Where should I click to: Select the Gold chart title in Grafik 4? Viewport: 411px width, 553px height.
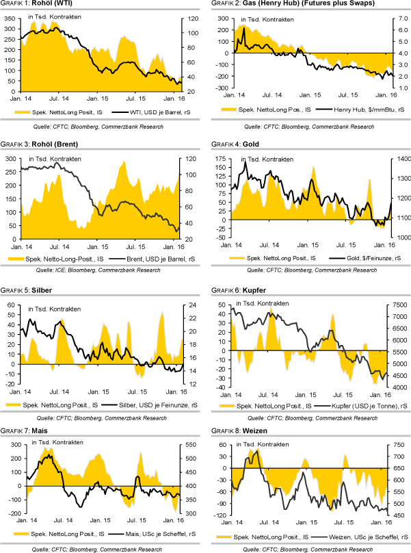coord(240,144)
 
